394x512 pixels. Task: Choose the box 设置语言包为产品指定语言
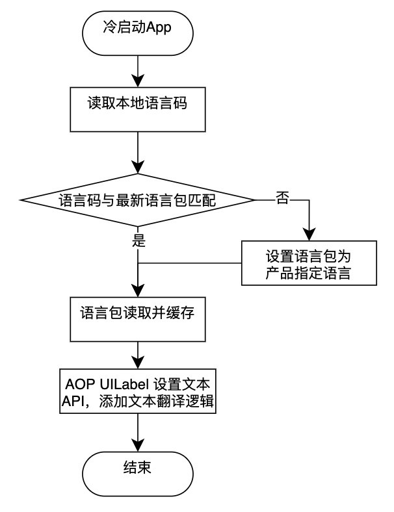click(x=309, y=263)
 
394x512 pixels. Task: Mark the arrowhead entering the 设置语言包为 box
click(x=309, y=235)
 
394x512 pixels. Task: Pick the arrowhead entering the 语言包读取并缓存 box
click(x=138, y=290)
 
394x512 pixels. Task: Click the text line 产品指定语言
click(x=309, y=273)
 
